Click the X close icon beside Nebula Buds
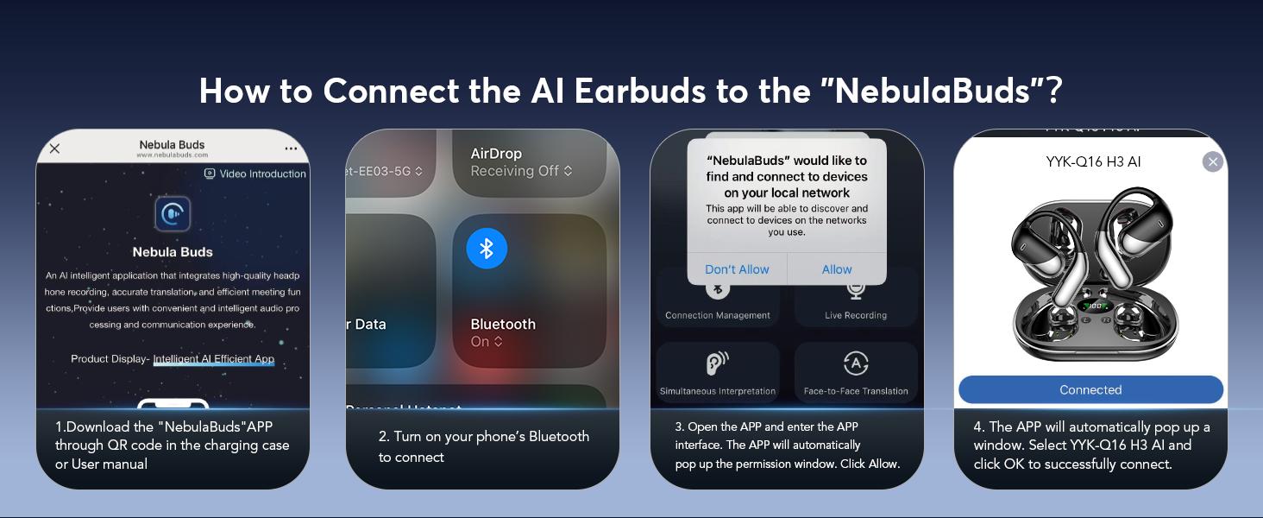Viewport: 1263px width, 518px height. (x=54, y=148)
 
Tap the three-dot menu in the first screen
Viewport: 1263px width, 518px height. (x=291, y=148)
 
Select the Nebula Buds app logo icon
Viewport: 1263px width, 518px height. (x=173, y=214)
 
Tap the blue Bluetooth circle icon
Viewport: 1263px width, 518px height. (x=487, y=249)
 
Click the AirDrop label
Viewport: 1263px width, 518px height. (x=496, y=154)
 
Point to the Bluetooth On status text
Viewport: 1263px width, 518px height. (x=487, y=342)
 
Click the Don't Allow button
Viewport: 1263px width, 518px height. (x=737, y=269)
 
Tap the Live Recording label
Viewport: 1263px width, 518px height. (x=855, y=315)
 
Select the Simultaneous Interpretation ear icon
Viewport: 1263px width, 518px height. (x=717, y=363)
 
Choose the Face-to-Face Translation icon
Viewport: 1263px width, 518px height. (x=855, y=363)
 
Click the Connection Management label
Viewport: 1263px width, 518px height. (x=717, y=315)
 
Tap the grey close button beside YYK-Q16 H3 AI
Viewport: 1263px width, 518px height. (x=1212, y=161)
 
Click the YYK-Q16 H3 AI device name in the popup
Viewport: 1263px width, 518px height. (x=1093, y=161)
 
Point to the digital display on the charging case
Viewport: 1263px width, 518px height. (x=1096, y=306)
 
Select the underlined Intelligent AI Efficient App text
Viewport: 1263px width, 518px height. (x=213, y=359)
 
